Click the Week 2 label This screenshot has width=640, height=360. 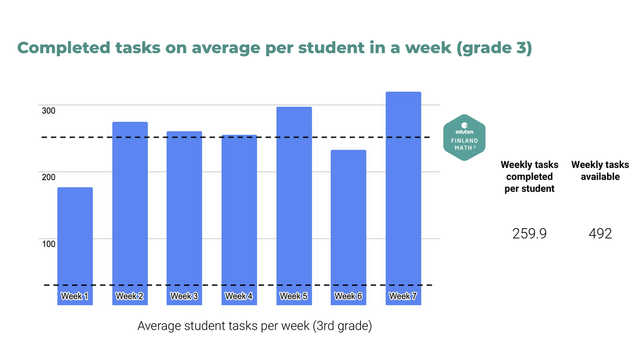pyautogui.click(x=130, y=296)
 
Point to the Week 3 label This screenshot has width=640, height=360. pyautogui.click(x=185, y=296)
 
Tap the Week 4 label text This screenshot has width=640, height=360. pyautogui.click(x=239, y=296)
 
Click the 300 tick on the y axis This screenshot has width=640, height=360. pyautogui.click(x=49, y=111)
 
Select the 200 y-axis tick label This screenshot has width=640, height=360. pyautogui.click(x=49, y=177)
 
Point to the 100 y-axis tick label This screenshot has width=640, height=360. pyautogui.click(x=49, y=243)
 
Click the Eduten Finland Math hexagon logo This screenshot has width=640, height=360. pyautogui.click(x=464, y=138)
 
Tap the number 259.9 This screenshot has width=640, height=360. pyautogui.click(x=529, y=234)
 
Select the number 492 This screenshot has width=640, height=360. pyautogui.click(x=600, y=234)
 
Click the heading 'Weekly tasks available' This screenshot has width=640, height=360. pyautogui.click(x=600, y=171)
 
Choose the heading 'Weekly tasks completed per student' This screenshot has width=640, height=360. pyautogui.click(x=529, y=176)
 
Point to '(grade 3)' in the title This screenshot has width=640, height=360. pyautogui.click(x=495, y=48)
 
